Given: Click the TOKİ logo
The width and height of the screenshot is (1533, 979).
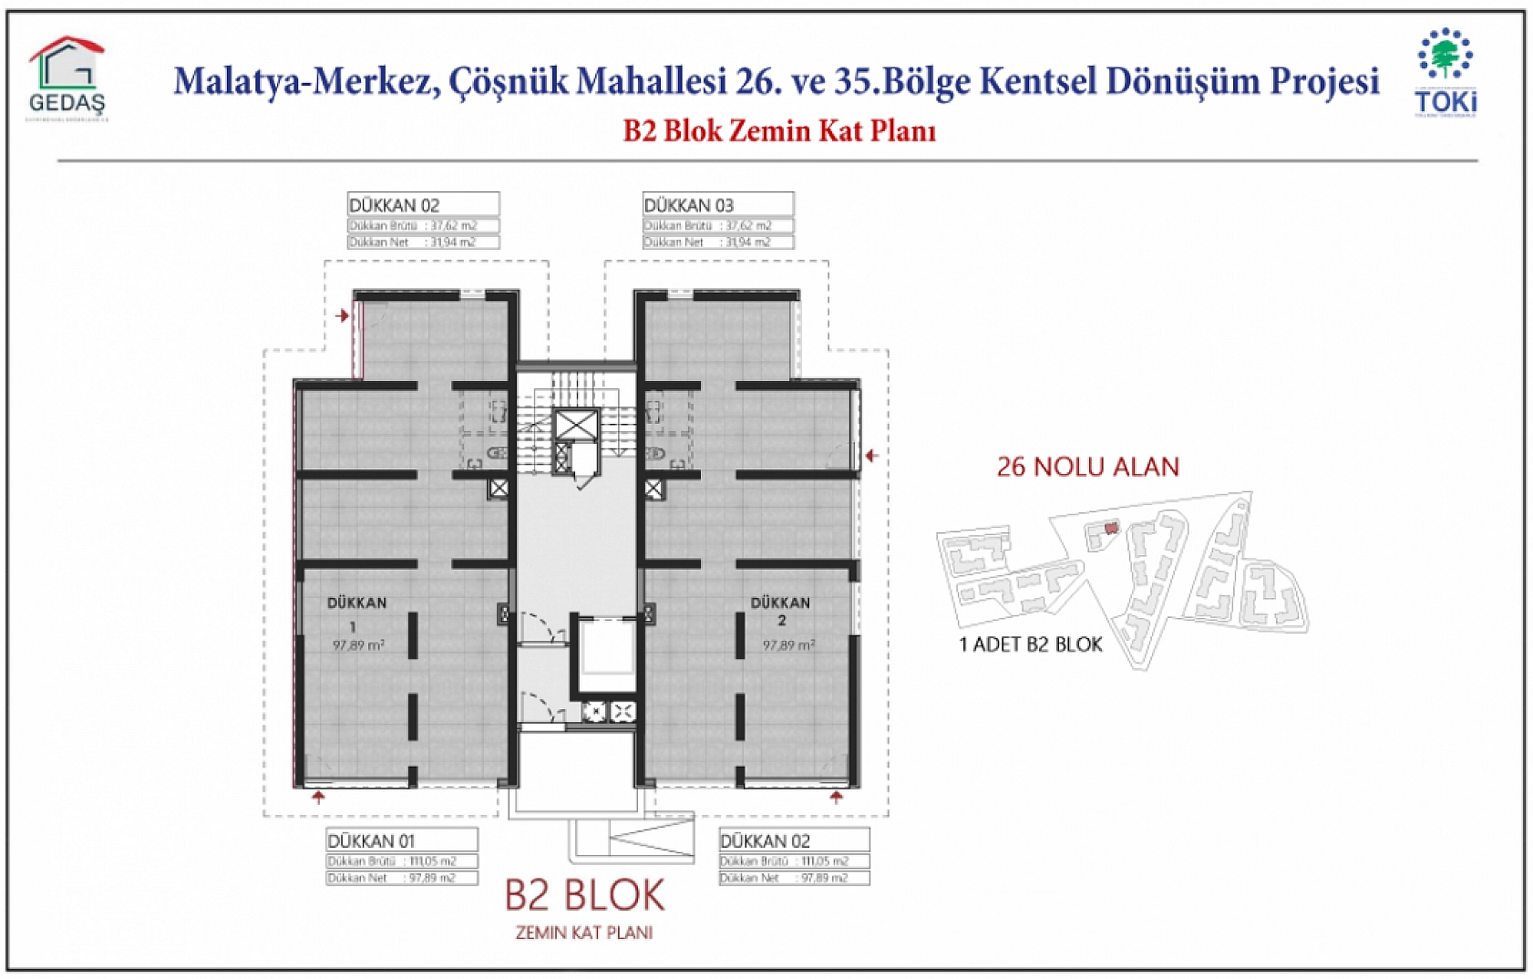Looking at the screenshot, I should (1446, 73).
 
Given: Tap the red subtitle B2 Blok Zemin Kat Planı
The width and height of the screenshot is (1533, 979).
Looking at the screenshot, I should (779, 130).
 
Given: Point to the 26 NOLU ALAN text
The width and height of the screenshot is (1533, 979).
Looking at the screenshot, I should (1087, 467).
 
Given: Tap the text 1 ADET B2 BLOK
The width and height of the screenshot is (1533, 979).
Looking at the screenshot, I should (1031, 644).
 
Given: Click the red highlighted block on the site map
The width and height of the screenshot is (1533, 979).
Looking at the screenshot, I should (1110, 528).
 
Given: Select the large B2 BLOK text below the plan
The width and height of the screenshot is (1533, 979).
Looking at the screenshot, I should (584, 895).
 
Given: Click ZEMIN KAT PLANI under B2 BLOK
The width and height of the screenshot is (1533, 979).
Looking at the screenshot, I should (584, 933).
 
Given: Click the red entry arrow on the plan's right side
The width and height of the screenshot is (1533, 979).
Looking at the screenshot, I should (872, 455).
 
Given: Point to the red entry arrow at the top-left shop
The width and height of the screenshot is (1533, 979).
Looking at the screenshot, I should (343, 315).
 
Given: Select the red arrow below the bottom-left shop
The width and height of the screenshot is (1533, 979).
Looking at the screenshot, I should (318, 798).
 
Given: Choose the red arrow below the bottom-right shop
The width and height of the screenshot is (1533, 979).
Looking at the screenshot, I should (837, 798).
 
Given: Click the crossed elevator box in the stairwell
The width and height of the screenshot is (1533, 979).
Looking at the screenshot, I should (576, 425).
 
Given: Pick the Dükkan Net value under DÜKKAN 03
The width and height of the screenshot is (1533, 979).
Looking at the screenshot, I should (748, 242).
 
